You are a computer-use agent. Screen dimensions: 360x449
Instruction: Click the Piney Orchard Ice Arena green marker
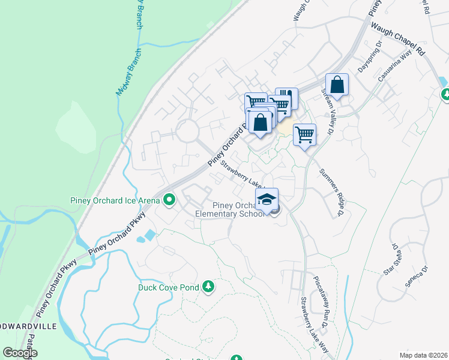pos(169,199)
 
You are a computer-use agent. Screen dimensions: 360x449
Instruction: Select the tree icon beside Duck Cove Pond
pos(208,286)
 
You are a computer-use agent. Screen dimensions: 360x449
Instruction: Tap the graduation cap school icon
pos(267,199)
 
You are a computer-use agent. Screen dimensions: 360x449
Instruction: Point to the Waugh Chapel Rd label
pos(397,39)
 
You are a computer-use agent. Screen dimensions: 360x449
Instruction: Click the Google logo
pos(20,353)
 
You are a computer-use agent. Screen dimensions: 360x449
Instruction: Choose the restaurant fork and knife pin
pos(287,98)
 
